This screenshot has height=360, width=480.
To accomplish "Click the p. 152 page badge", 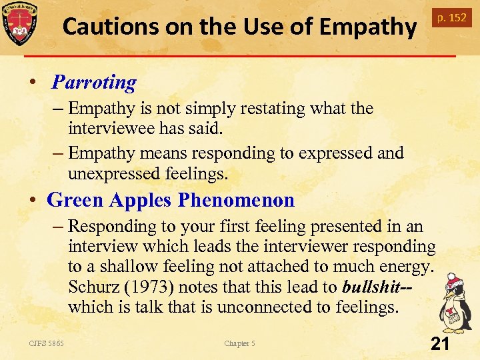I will [x=451, y=17].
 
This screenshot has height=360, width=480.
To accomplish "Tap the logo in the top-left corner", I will [x=19, y=23].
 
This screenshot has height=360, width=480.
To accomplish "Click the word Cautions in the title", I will [x=107, y=27].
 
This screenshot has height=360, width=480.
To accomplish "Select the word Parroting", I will [x=94, y=82].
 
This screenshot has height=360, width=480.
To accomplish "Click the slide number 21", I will [x=439, y=344].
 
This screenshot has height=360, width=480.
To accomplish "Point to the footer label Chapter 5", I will [x=239, y=343].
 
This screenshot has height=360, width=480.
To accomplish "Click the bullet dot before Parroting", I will [x=33, y=82].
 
